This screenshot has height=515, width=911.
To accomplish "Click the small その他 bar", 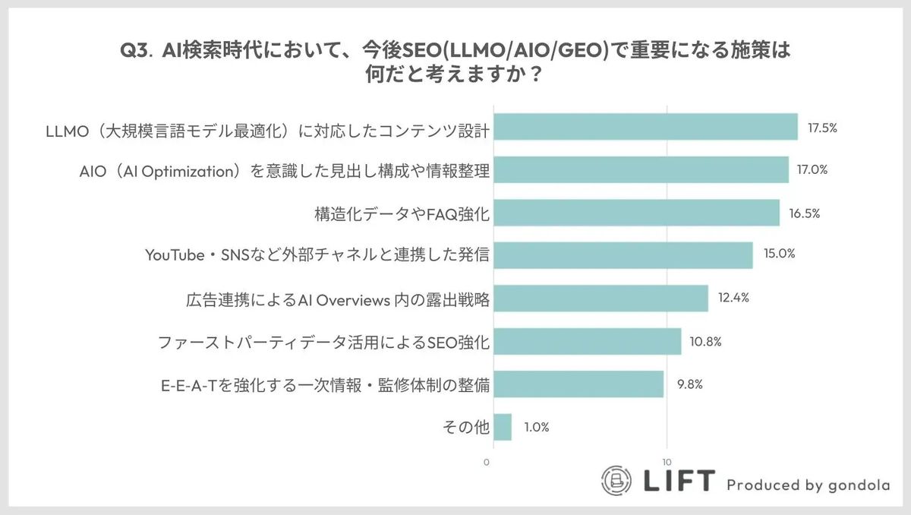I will (502, 427).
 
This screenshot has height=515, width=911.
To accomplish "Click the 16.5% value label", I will (804, 213).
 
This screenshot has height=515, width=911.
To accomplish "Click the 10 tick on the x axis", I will (667, 462).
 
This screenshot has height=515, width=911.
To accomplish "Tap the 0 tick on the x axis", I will (487, 462).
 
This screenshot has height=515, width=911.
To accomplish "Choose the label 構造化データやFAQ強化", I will (401, 213).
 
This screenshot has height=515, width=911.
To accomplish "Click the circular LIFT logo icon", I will (617, 480).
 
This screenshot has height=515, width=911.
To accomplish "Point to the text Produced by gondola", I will (808, 485).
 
